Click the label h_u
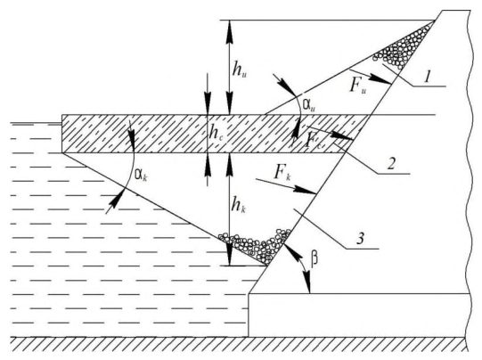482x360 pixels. (240, 70)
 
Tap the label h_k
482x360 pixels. (239, 204)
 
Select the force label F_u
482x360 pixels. (357, 85)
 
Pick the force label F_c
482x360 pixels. (313, 141)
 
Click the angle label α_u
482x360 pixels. (309, 105)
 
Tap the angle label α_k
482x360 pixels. (141, 176)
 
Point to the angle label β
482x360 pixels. (315, 259)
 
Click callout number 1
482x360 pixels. (427, 77)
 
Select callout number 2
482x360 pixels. (391, 164)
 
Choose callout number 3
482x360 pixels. (360, 238)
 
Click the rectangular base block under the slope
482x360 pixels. (359, 315)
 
